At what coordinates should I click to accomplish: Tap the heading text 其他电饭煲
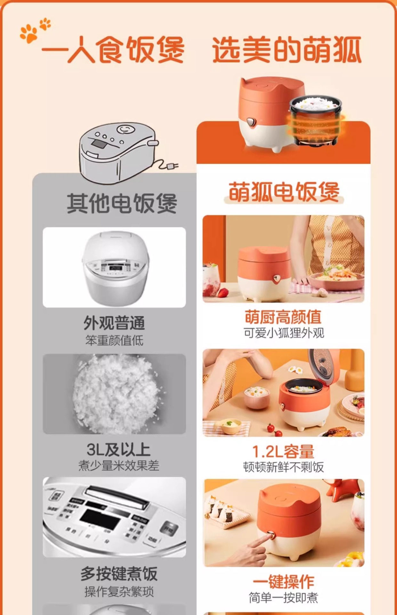(122, 203)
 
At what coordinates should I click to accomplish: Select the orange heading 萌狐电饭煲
(284, 192)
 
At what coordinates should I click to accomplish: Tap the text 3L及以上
(118, 449)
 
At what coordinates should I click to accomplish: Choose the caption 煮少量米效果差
(119, 466)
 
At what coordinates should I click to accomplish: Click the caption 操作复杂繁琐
(119, 592)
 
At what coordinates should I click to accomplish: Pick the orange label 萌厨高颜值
(283, 317)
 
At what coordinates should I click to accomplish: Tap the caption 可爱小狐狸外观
(284, 333)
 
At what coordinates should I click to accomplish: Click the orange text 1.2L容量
(283, 451)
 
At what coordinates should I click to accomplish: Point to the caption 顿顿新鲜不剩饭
(283, 467)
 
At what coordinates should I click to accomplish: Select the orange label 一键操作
(283, 581)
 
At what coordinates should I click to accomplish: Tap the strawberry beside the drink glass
(223, 292)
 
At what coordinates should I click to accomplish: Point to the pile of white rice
(116, 394)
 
